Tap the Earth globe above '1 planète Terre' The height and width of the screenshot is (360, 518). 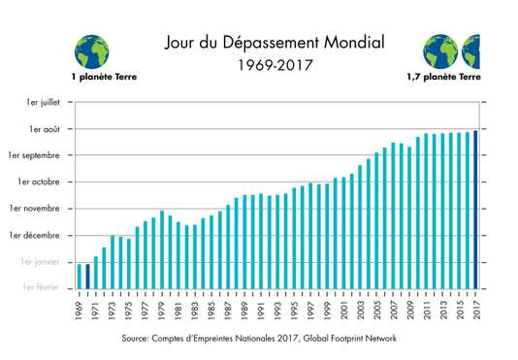pyautogui.click(x=90, y=49)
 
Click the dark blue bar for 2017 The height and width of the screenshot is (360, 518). pyautogui.click(x=474, y=210)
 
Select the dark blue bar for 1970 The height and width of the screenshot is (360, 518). pyautogui.click(x=87, y=277)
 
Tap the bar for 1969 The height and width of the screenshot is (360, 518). pyautogui.click(x=80, y=277)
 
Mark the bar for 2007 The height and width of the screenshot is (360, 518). pyautogui.click(x=393, y=215)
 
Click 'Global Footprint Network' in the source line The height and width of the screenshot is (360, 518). pyautogui.click(x=345, y=338)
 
